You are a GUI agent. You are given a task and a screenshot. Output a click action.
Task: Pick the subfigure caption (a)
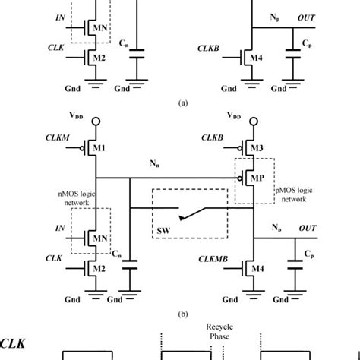pyautogui.click(x=181, y=99)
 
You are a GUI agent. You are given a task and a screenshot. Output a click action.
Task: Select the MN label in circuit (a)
pyautogui.click(x=99, y=29)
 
